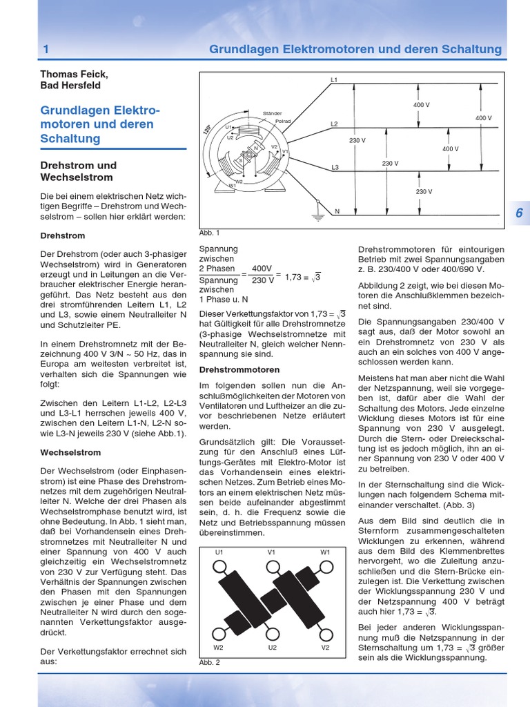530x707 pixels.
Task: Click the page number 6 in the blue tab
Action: click(518, 213)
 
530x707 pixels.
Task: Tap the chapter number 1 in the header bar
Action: click(46, 50)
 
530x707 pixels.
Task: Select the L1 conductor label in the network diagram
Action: click(333, 81)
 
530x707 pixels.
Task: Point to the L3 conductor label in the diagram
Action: click(335, 168)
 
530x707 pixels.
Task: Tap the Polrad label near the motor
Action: click(283, 121)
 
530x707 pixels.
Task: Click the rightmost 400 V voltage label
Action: click(484, 118)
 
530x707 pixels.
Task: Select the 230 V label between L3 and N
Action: click(424, 191)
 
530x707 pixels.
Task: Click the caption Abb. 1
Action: click(208, 233)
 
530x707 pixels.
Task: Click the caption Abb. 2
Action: click(208, 662)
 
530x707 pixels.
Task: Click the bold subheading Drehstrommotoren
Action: click(230, 370)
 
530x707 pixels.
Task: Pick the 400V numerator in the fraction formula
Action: click(262, 269)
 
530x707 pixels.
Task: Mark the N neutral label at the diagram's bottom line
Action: click(337, 211)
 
